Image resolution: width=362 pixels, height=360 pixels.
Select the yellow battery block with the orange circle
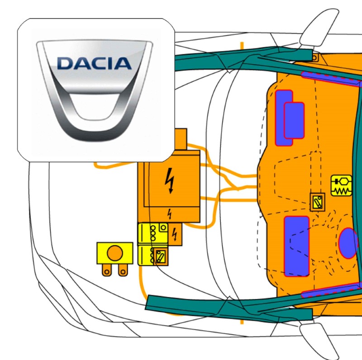click(x=115, y=253)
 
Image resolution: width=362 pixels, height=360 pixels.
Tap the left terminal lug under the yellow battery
click(x=107, y=270)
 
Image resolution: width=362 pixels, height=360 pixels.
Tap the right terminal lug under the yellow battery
click(x=122, y=270)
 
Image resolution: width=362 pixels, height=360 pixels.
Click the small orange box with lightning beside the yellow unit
click(x=175, y=234)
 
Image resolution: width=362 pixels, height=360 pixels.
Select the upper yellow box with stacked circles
click(x=152, y=234)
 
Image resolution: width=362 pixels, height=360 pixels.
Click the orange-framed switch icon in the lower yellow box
click(x=160, y=256)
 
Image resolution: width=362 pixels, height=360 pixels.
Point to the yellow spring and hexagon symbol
click(x=341, y=185)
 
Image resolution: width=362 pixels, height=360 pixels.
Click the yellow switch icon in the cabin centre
click(x=317, y=202)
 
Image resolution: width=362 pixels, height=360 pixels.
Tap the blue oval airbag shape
click(x=348, y=243)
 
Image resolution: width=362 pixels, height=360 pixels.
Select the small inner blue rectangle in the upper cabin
click(x=294, y=120)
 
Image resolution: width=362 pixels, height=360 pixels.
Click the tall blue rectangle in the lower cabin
click(x=296, y=246)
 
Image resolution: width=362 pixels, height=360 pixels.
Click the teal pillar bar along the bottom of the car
click(x=226, y=308)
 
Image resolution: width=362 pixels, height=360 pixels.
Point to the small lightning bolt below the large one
click(x=170, y=213)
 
